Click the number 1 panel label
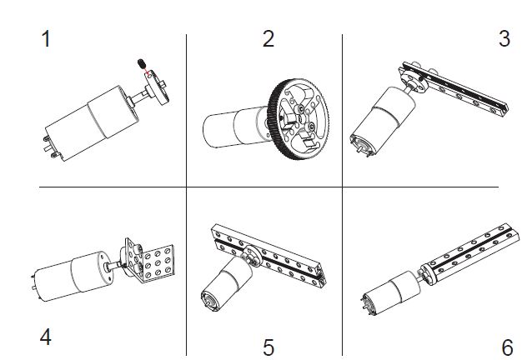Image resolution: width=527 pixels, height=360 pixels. coord(47,39)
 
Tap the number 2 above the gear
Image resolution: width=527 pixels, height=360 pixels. coord(268,38)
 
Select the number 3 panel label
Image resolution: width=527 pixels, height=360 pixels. coord(504,38)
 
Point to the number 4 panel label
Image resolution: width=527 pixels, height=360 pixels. coord(47,337)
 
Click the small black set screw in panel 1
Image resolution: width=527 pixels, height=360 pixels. coord(142,64)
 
